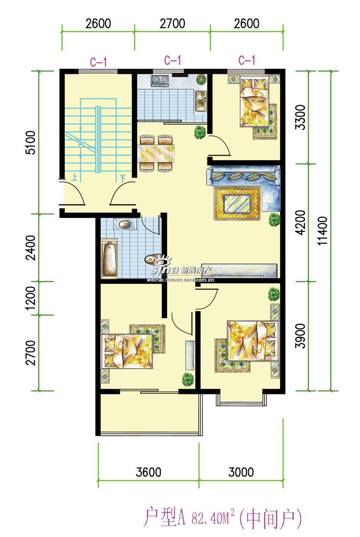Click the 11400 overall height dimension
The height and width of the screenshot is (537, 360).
tap(323, 231)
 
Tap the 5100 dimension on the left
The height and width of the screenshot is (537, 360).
tap(31, 143)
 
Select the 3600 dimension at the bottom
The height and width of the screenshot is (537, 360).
tap(148, 472)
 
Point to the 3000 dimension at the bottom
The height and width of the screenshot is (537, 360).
tap(241, 472)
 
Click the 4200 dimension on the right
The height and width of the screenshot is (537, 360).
tap(300, 222)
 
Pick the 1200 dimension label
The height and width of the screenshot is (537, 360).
tap(31, 298)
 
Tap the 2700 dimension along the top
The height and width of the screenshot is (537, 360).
tap(173, 24)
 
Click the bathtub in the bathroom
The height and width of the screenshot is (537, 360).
tap(109, 259)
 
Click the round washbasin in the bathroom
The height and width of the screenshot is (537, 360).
tap(124, 224)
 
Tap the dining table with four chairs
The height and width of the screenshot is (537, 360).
tap(157, 153)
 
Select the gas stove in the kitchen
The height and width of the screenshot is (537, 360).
tap(159, 80)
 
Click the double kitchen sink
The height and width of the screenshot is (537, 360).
tap(200, 101)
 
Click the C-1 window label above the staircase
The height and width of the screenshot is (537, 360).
tap(99, 62)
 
